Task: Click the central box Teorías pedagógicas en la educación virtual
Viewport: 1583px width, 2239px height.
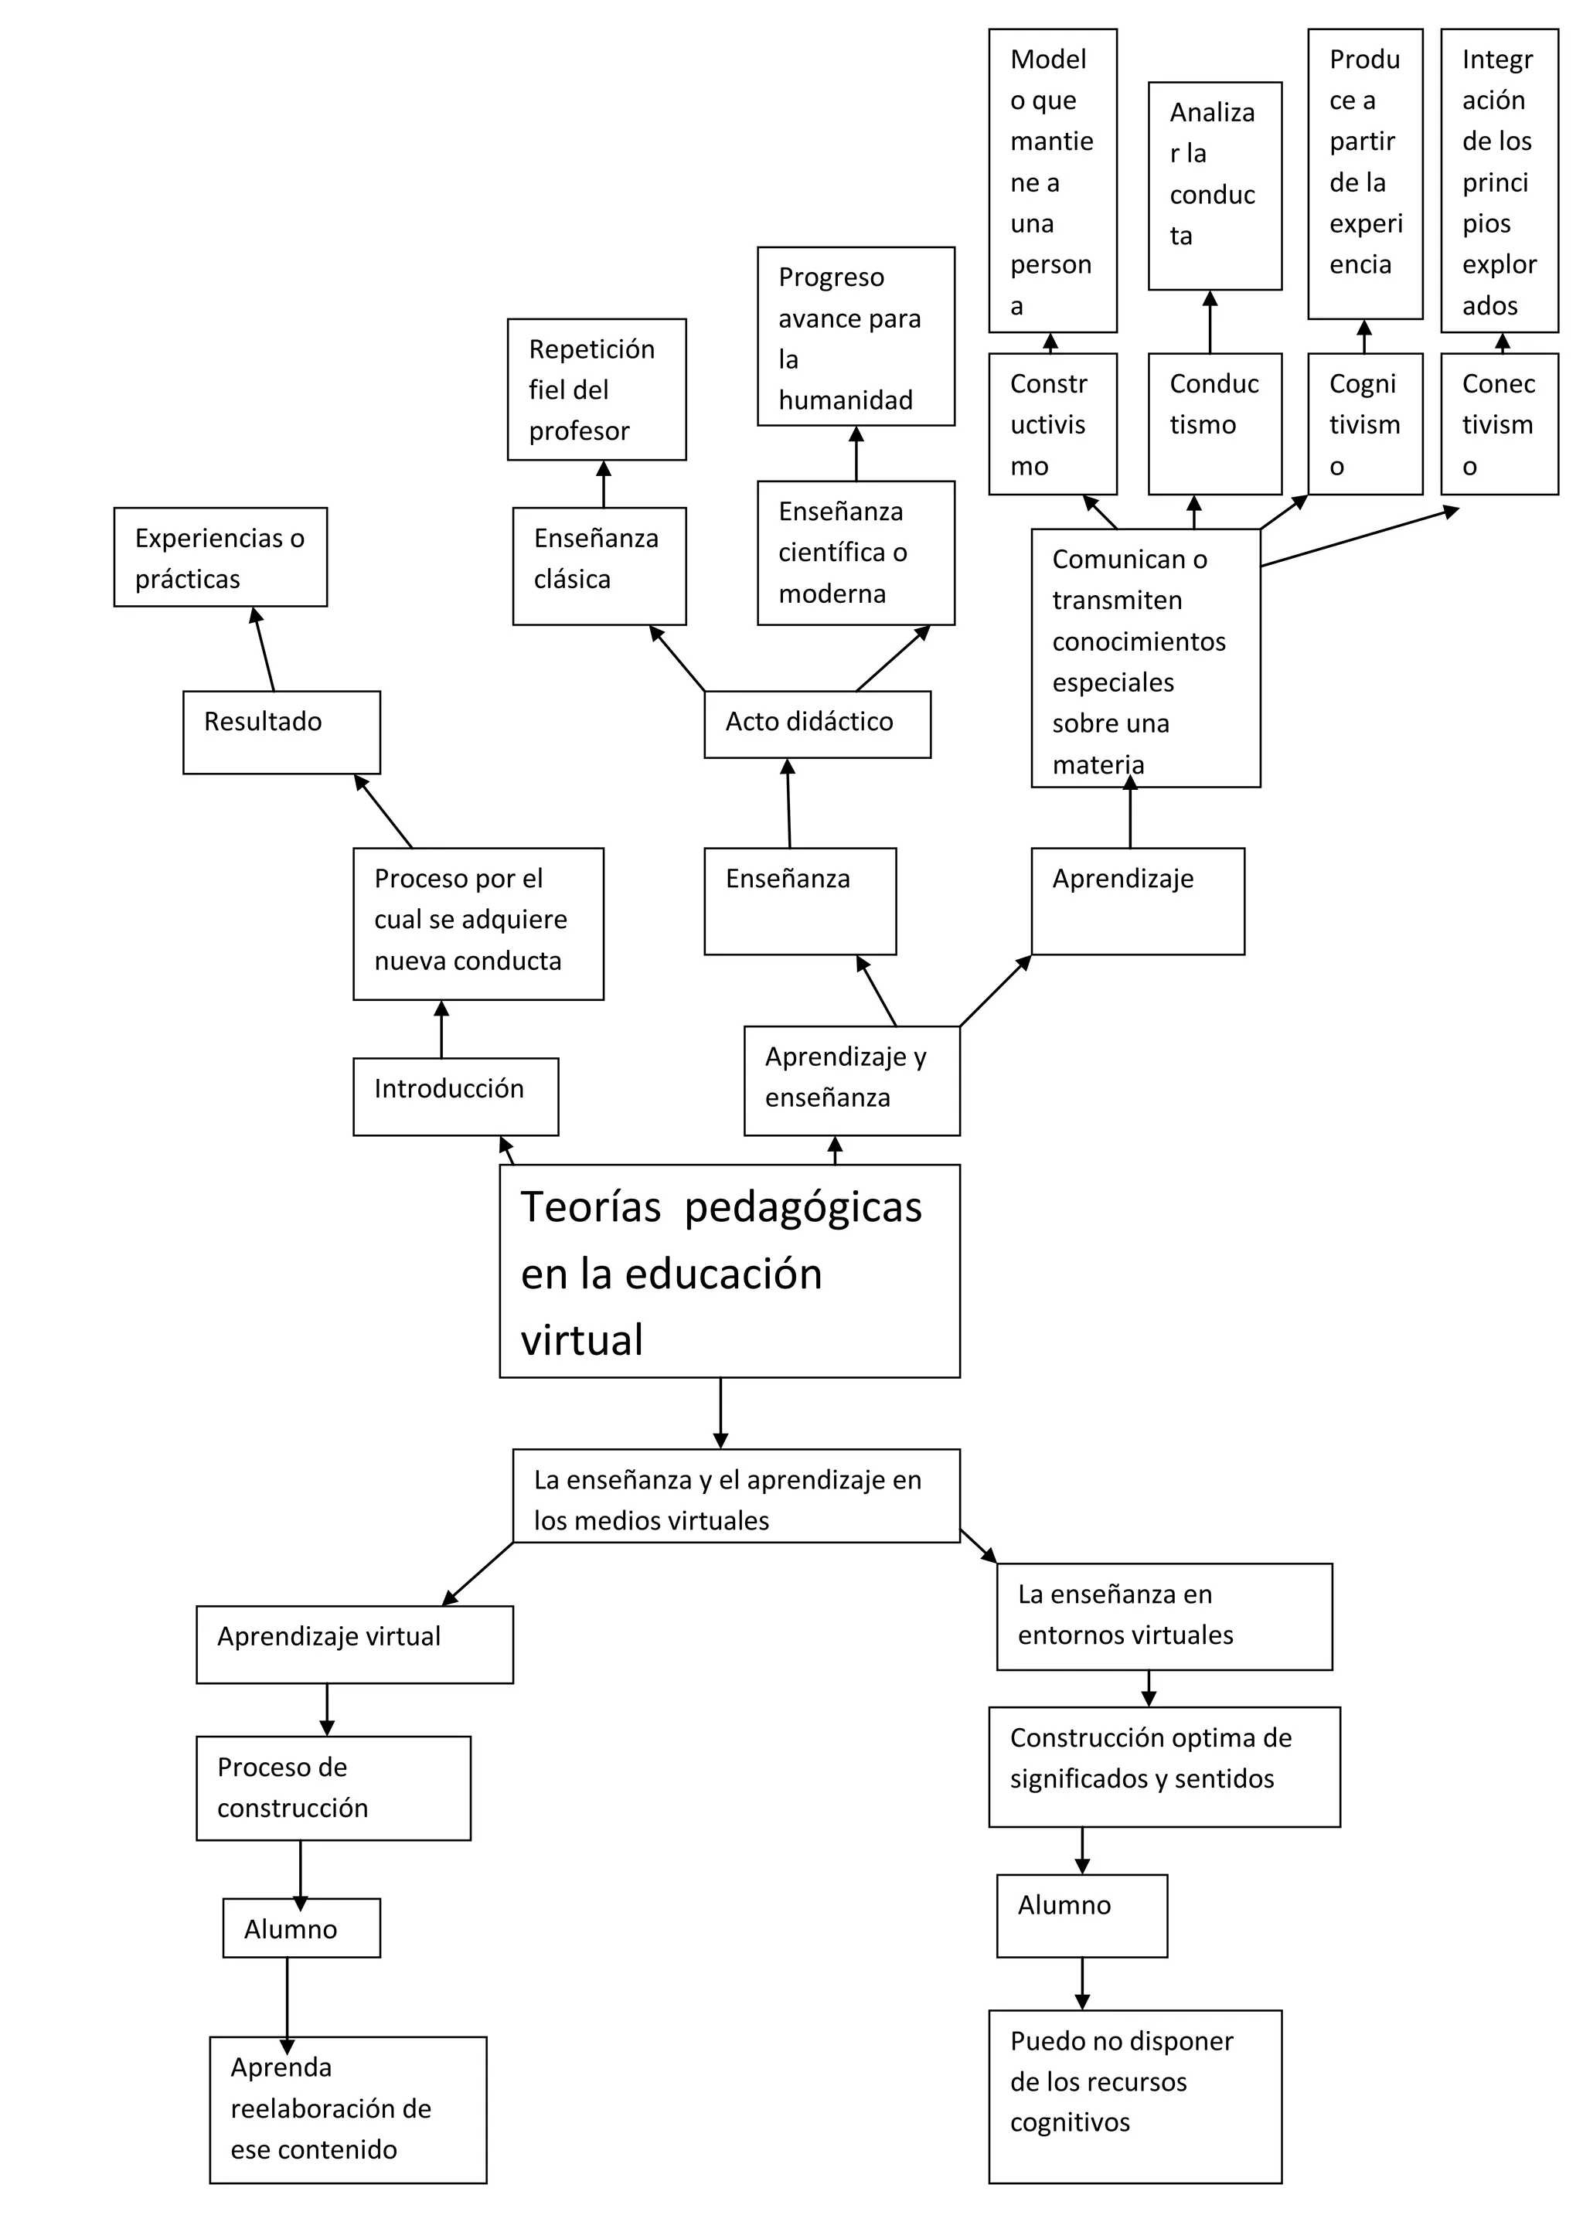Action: point(729,1270)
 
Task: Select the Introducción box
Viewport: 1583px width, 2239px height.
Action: point(455,1096)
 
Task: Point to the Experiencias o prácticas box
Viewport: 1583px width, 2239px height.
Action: point(220,556)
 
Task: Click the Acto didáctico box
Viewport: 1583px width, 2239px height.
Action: point(816,723)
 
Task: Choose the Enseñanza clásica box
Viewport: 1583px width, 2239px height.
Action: point(599,566)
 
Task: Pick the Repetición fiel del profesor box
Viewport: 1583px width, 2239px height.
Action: point(596,389)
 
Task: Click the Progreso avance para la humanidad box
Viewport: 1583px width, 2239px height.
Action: point(856,335)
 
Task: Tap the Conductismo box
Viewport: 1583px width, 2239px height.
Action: point(1214,424)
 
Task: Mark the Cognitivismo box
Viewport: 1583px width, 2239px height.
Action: point(1364,424)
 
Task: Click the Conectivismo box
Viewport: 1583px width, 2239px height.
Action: point(1498,424)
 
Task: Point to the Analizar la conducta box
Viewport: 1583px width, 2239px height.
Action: point(1214,185)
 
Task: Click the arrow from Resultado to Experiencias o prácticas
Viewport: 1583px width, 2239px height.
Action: point(264,648)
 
